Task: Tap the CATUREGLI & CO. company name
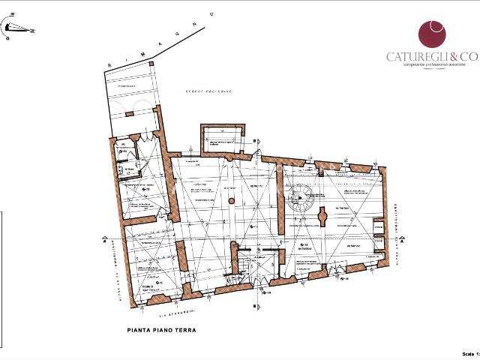tap(431, 57)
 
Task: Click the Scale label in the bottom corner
tap(467, 353)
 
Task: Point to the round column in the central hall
tap(232, 201)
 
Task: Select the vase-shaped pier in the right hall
tap(323, 217)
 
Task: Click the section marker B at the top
tap(255, 141)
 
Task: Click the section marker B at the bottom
tap(255, 306)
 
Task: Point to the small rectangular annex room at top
tap(223, 136)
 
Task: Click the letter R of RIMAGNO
tap(109, 67)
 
